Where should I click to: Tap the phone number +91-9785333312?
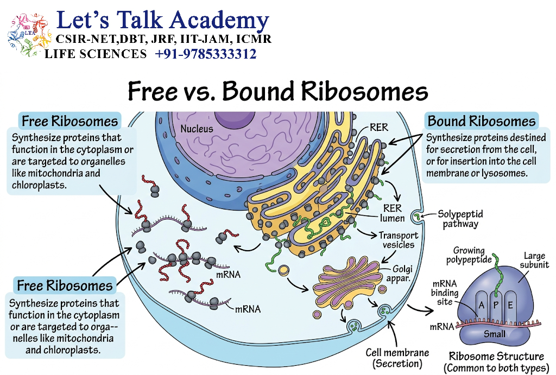[206, 54]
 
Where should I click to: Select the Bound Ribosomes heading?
[482, 121]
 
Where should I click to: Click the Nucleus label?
[197, 129]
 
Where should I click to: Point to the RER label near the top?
[378, 127]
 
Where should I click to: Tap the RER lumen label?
[392, 213]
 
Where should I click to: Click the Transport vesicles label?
[399, 240]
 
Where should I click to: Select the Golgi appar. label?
[400, 274]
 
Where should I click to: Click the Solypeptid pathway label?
[460, 219]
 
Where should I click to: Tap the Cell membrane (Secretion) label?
[397, 358]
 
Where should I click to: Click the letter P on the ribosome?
[496, 305]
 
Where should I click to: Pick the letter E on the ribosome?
[510, 305]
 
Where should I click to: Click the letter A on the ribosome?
[481, 305]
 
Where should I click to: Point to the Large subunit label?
[534, 260]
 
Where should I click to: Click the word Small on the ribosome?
[495, 334]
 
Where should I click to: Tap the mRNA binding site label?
[444, 293]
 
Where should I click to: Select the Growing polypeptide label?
[469, 255]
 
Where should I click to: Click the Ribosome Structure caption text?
[496, 356]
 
